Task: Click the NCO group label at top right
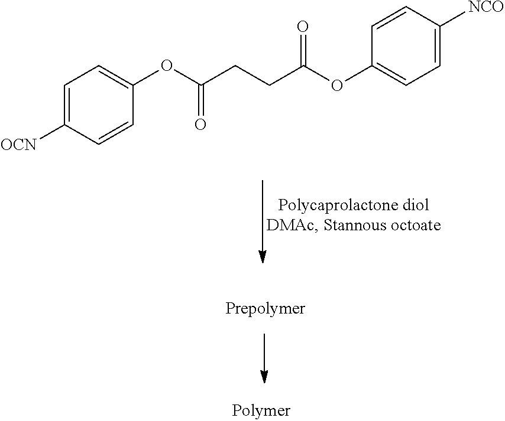coord(486,6)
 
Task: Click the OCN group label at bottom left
coord(19,145)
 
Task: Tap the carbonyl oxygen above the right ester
coord(302,27)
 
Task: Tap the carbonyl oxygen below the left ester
coord(200,124)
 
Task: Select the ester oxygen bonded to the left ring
coord(167,66)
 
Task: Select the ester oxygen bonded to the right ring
coord(336,85)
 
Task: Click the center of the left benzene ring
coord(99,105)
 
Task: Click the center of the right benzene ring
coord(406,46)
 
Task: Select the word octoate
coord(416,225)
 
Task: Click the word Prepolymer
coord(265,309)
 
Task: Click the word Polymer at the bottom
coord(261,411)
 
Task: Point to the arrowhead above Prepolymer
coord(263,256)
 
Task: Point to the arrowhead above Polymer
coord(264,376)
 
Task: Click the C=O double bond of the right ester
coord(302,50)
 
